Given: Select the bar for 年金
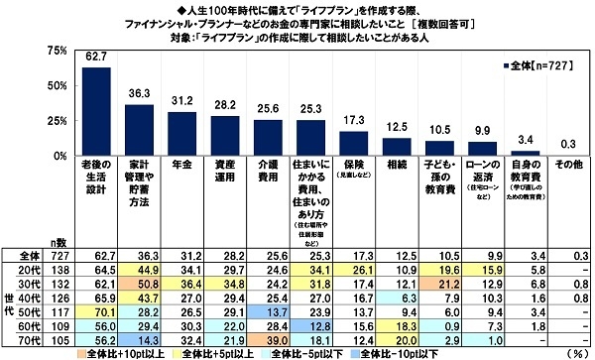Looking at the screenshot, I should tap(182, 134).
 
